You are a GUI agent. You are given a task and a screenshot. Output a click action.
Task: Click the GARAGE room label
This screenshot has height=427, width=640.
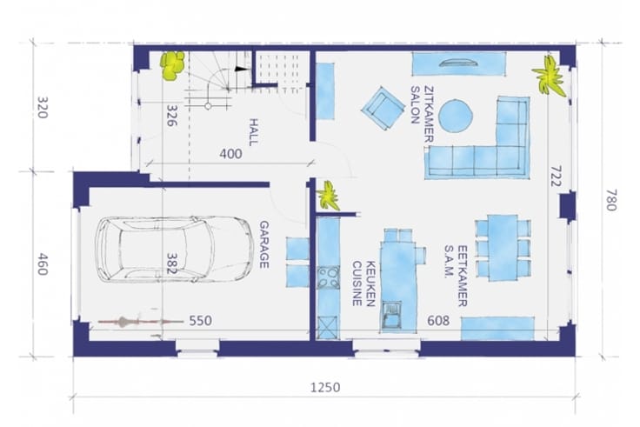click(264, 244)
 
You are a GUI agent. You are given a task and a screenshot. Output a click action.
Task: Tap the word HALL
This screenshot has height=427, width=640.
click(253, 132)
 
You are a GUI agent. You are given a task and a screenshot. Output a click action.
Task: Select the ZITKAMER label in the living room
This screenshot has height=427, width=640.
click(428, 114)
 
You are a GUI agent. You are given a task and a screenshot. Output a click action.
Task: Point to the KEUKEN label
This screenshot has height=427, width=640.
click(370, 284)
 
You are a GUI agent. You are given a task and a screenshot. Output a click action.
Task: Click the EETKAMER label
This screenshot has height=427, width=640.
click(462, 276)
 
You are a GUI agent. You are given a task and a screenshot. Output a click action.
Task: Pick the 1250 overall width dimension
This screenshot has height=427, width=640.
click(325, 387)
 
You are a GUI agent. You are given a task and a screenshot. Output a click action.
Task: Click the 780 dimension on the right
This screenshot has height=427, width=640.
click(610, 200)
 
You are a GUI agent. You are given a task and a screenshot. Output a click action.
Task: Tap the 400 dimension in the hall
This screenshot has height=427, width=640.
click(230, 154)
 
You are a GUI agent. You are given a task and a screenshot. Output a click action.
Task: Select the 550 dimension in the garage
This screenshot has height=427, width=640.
click(200, 320)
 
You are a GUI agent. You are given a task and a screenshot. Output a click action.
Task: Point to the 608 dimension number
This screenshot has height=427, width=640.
click(438, 320)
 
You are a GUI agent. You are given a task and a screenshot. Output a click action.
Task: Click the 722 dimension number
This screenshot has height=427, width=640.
click(556, 176)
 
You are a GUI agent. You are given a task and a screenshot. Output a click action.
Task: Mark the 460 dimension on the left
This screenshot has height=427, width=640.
click(43, 264)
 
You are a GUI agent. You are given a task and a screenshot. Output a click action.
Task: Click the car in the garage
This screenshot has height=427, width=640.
click(175, 250)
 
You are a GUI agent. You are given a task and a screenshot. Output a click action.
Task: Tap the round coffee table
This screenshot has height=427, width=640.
click(456, 116)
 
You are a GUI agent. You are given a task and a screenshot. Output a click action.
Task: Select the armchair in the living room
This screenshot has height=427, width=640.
click(382, 108)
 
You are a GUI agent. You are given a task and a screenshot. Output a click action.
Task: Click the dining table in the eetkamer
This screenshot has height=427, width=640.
click(503, 248)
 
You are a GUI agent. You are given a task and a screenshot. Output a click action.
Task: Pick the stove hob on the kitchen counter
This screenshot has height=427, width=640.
click(328, 277)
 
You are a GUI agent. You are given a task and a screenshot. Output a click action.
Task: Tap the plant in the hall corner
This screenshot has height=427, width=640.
click(173, 65)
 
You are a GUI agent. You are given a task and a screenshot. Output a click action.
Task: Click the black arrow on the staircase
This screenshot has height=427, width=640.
click(241, 69)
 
